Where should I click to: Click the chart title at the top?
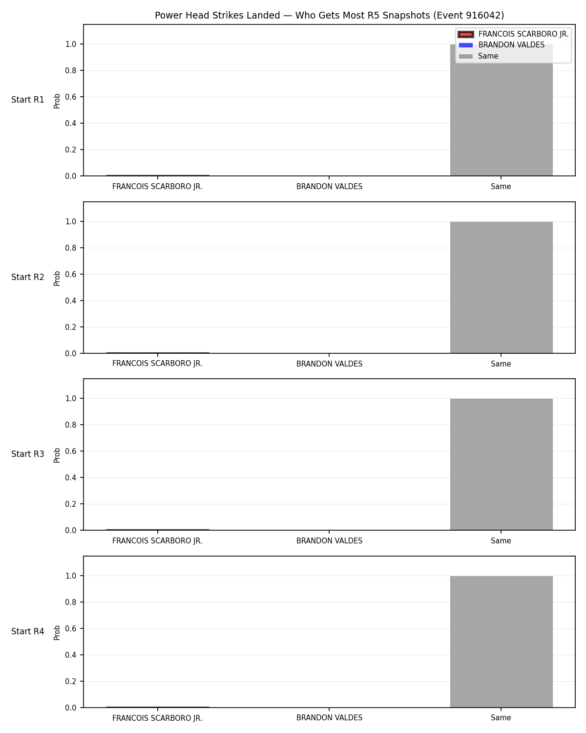[329, 15]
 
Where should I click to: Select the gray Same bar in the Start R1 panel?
[501, 110]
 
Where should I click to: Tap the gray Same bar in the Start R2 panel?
[501, 287]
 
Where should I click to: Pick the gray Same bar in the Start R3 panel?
[501, 464]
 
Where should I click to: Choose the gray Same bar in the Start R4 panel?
[501, 642]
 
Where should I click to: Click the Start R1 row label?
[27, 100]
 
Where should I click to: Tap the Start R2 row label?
[27, 277]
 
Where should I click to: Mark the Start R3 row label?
[27, 454]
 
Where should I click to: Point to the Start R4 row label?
[27, 631]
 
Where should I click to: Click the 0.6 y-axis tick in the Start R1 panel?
[71, 97]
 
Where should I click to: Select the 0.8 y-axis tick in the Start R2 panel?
[71, 248]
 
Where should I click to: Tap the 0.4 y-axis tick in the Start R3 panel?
[71, 477]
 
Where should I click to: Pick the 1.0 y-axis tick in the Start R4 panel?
[71, 576]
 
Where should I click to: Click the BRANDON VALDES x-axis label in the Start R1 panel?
[329, 187]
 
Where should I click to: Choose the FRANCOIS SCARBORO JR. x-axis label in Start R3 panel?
[157, 541]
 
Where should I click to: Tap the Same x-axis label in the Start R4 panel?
[501, 718]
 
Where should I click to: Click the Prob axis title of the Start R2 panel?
[57, 279]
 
